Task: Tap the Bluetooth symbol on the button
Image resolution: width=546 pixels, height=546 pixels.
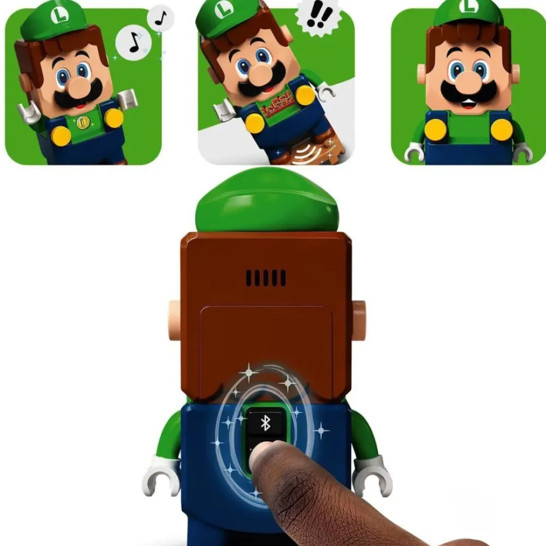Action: pos(265,423)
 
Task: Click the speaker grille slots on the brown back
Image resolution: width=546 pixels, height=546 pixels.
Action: pos(265,278)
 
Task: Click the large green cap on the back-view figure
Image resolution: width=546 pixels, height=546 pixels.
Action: pos(268,200)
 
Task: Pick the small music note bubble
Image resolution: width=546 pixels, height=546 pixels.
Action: pos(161,19)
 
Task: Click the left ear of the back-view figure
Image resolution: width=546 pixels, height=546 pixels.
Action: pos(174,320)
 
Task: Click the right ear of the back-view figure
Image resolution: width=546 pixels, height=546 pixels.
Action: pos(359,320)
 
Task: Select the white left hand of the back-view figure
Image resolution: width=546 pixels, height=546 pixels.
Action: pos(160,476)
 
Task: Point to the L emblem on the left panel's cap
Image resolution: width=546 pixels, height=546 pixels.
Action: pos(58,16)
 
